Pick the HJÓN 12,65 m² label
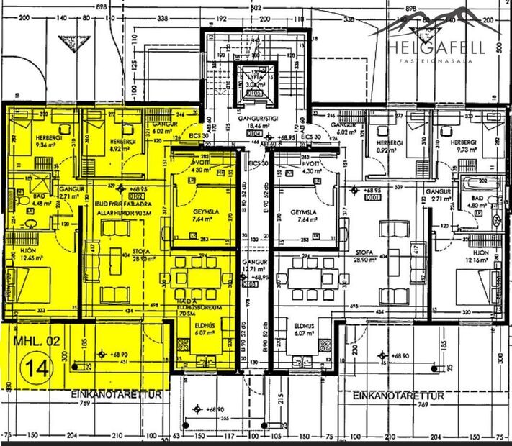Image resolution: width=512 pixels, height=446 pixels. (27, 254)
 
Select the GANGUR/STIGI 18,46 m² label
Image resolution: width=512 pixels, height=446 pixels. (256, 127)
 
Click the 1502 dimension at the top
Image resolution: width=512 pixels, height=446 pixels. (256, 5)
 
